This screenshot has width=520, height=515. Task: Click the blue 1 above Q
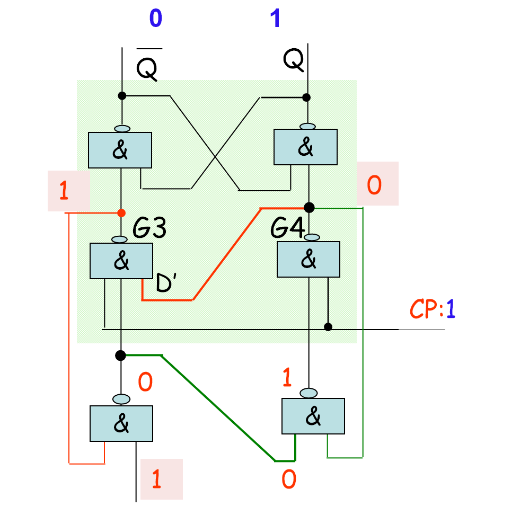tap(275, 19)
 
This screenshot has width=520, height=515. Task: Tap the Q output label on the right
tap(294, 60)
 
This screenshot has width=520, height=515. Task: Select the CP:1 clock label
tap(433, 309)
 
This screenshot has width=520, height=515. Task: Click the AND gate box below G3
tap(121, 261)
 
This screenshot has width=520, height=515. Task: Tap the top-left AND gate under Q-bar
tap(120, 150)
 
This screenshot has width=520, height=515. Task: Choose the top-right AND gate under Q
tap(305, 148)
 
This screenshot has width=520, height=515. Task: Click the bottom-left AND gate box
tap(121, 423)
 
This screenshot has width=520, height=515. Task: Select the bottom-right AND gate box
tap(313, 416)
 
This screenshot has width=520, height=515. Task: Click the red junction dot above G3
tap(121, 213)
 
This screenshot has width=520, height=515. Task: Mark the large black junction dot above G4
tap(309, 207)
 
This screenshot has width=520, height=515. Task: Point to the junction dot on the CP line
tap(328, 326)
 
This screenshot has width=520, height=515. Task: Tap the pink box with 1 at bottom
tap(161, 479)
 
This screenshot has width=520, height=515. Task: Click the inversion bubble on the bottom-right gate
tap(309, 393)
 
